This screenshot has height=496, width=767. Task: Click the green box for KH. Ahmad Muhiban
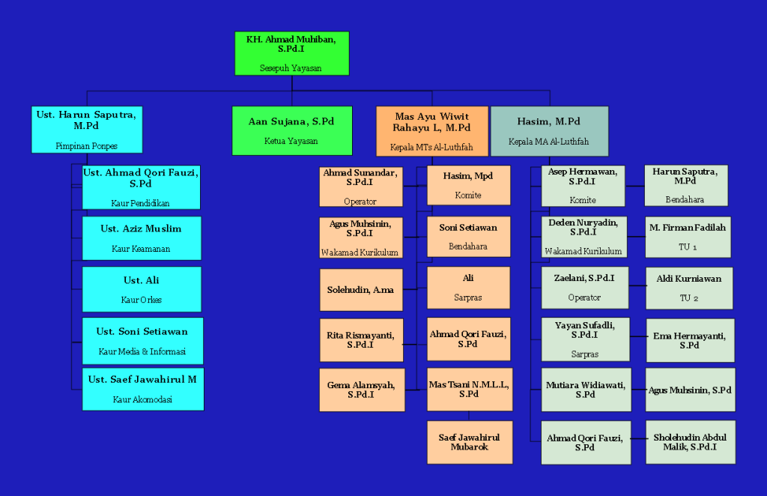291,53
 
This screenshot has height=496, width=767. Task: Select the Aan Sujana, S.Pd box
291,130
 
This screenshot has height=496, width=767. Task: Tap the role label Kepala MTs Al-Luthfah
431,147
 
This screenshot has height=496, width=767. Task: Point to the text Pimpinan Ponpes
87,146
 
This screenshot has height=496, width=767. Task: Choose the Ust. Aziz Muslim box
141,238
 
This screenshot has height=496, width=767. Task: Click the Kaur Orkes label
142,300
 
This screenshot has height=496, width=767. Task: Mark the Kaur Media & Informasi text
142,351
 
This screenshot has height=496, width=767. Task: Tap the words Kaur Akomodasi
142,399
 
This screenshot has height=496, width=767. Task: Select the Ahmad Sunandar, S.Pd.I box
360,187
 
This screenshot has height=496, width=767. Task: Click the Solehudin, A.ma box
360,290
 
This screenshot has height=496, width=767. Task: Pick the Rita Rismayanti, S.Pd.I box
360,339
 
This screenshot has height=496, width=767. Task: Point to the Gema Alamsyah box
360,390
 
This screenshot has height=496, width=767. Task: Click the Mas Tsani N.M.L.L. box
469,389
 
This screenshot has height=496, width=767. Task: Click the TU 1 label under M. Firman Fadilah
688,247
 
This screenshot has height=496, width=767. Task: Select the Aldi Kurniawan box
688,288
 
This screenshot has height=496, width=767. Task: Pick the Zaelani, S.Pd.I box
584,288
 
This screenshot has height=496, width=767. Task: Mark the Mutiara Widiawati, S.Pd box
586,390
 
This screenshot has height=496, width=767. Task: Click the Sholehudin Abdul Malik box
690,442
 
